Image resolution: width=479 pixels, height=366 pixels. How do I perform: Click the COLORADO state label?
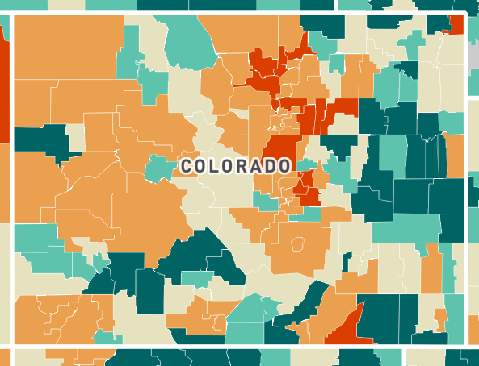pyautogui.click(x=236, y=166)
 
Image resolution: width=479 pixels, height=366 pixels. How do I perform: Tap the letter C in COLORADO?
pyautogui.click(x=187, y=166)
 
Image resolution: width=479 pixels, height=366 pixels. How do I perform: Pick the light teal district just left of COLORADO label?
pyautogui.click(x=159, y=168)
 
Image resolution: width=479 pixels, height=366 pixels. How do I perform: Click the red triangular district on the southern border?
pyautogui.click(x=349, y=326)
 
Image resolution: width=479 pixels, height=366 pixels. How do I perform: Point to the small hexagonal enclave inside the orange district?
pyautogui.click(x=298, y=243)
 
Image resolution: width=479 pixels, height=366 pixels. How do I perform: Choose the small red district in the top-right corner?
pyautogui.click(x=456, y=25)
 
